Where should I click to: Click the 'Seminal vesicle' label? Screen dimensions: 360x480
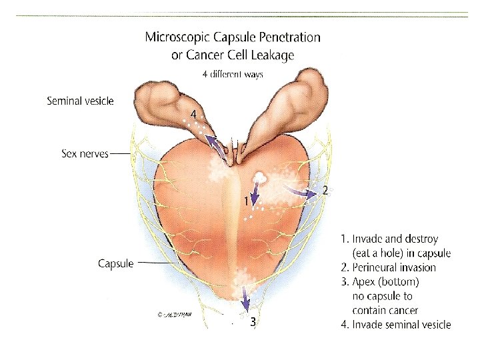click(x=80, y=101)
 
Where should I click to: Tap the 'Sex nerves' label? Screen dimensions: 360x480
click(x=83, y=153)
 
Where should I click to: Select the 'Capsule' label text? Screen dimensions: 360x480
click(x=115, y=263)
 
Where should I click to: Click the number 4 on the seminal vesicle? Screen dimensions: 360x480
click(x=193, y=115)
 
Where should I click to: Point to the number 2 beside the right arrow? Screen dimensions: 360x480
click(x=325, y=191)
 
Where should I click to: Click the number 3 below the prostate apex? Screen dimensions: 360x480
click(x=253, y=322)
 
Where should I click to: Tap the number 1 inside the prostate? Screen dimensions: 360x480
click(x=246, y=200)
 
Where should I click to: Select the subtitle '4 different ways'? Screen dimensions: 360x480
click(x=233, y=75)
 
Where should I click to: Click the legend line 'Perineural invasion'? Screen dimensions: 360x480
click(x=394, y=267)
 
